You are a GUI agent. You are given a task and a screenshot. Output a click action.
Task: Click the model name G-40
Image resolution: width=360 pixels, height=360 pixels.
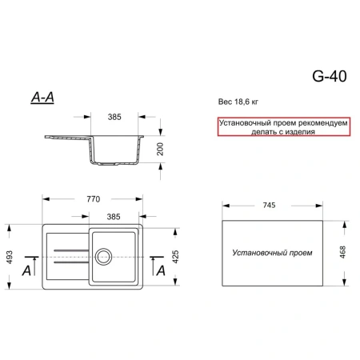click(330, 76)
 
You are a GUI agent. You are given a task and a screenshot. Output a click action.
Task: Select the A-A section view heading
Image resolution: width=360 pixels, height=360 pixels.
click(42, 98)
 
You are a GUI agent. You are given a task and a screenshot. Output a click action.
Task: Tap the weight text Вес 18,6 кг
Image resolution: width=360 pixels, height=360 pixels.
click(238, 102)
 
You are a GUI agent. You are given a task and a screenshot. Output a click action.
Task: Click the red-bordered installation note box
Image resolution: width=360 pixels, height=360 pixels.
click(284, 126)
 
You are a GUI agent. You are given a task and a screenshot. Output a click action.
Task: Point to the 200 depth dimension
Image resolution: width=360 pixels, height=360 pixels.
click(160, 150)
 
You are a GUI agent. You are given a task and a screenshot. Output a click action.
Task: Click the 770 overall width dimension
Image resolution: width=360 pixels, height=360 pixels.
click(94, 199)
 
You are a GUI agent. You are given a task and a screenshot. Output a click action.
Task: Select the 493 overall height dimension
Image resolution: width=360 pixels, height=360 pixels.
click(10, 257)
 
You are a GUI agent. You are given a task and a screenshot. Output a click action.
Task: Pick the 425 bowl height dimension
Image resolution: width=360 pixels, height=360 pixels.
click(175, 257)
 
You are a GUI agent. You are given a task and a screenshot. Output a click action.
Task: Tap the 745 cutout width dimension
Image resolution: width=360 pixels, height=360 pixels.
click(269, 205)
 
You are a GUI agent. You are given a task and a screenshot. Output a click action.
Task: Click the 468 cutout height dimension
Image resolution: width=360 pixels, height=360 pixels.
click(342, 252)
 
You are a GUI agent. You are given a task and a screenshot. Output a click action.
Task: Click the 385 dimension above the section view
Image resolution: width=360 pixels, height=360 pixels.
click(114, 117)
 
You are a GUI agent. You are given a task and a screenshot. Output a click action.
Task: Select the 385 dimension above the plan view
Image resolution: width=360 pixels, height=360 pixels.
click(114, 217)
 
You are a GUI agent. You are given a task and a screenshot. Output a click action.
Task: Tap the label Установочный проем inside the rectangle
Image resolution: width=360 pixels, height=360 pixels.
click(272, 253)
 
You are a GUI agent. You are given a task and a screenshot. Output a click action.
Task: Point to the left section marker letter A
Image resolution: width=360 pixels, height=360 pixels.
click(26, 271)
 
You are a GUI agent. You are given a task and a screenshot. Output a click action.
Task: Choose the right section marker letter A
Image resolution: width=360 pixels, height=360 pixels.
click(161, 271)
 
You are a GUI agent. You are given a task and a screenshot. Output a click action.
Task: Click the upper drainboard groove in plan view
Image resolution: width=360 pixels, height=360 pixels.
click(71, 250)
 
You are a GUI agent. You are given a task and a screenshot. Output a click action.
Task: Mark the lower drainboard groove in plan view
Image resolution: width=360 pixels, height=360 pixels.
click(71, 262)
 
